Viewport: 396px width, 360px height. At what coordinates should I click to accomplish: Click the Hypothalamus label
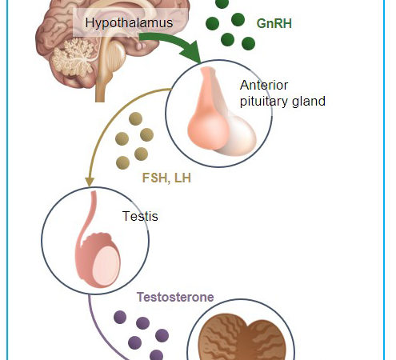[129, 22]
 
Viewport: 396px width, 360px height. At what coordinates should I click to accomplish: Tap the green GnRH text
[274, 23]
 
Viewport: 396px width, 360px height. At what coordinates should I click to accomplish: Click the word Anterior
[264, 86]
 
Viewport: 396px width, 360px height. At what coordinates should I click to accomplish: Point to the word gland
[309, 102]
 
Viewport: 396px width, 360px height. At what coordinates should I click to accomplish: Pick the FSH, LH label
[166, 178]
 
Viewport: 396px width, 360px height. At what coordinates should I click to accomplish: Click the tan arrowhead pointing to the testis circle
[90, 182]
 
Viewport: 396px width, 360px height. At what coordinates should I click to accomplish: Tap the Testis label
[140, 216]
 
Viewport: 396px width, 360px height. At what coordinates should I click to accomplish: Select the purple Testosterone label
[175, 297]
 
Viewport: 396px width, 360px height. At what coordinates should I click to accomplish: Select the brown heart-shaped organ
[242, 338]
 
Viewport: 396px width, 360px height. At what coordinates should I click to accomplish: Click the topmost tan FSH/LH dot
[135, 118]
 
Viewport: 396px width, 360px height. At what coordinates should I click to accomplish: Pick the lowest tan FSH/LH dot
[123, 162]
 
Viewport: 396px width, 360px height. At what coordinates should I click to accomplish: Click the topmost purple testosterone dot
[120, 317]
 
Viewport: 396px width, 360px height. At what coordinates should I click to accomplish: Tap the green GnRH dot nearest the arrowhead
[228, 39]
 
